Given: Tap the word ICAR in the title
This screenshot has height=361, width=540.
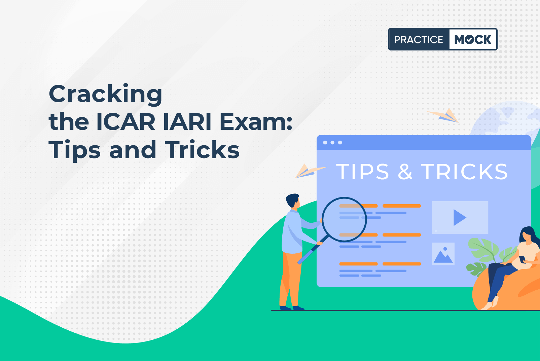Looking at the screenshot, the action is [125, 122].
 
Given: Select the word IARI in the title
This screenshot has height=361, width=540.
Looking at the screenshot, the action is [187, 122].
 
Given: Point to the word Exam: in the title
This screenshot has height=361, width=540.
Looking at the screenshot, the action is [256, 122].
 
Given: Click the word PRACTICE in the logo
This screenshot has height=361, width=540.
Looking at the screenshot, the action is [419, 39].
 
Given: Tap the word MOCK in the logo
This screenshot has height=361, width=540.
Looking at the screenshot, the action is [473, 39].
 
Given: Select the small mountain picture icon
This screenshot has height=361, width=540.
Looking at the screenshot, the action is [443, 254].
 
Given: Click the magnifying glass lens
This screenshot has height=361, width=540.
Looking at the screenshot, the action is [344, 220].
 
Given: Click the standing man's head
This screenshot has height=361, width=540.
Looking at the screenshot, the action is [293, 201].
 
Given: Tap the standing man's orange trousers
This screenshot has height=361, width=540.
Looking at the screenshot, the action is [291, 280].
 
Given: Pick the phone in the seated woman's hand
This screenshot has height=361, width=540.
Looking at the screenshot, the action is [522, 259].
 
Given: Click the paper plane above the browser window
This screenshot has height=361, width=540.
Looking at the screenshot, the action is [443, 116].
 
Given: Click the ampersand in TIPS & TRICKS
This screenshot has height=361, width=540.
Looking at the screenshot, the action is [405, 172].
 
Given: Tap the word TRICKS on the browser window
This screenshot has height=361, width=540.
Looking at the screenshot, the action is [464, 172].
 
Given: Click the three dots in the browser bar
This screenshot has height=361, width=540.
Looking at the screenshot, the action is [332, 142].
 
